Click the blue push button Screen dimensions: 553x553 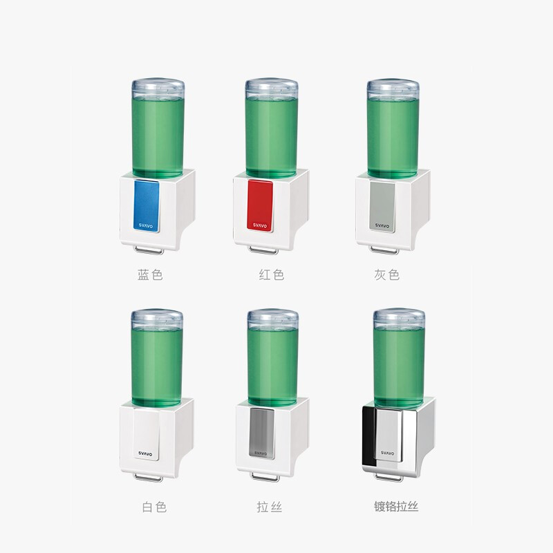pos(147,206)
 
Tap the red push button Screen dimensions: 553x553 pos(260,205)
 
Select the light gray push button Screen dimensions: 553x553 pos(382,206)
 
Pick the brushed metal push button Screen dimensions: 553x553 pos(262,433)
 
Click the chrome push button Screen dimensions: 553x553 pos(388,435)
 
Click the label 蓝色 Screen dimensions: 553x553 pos(150,274)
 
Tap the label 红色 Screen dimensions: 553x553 pos(271,274)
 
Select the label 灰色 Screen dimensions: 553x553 pos(387,274)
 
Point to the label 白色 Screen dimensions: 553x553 pos(154,507)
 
